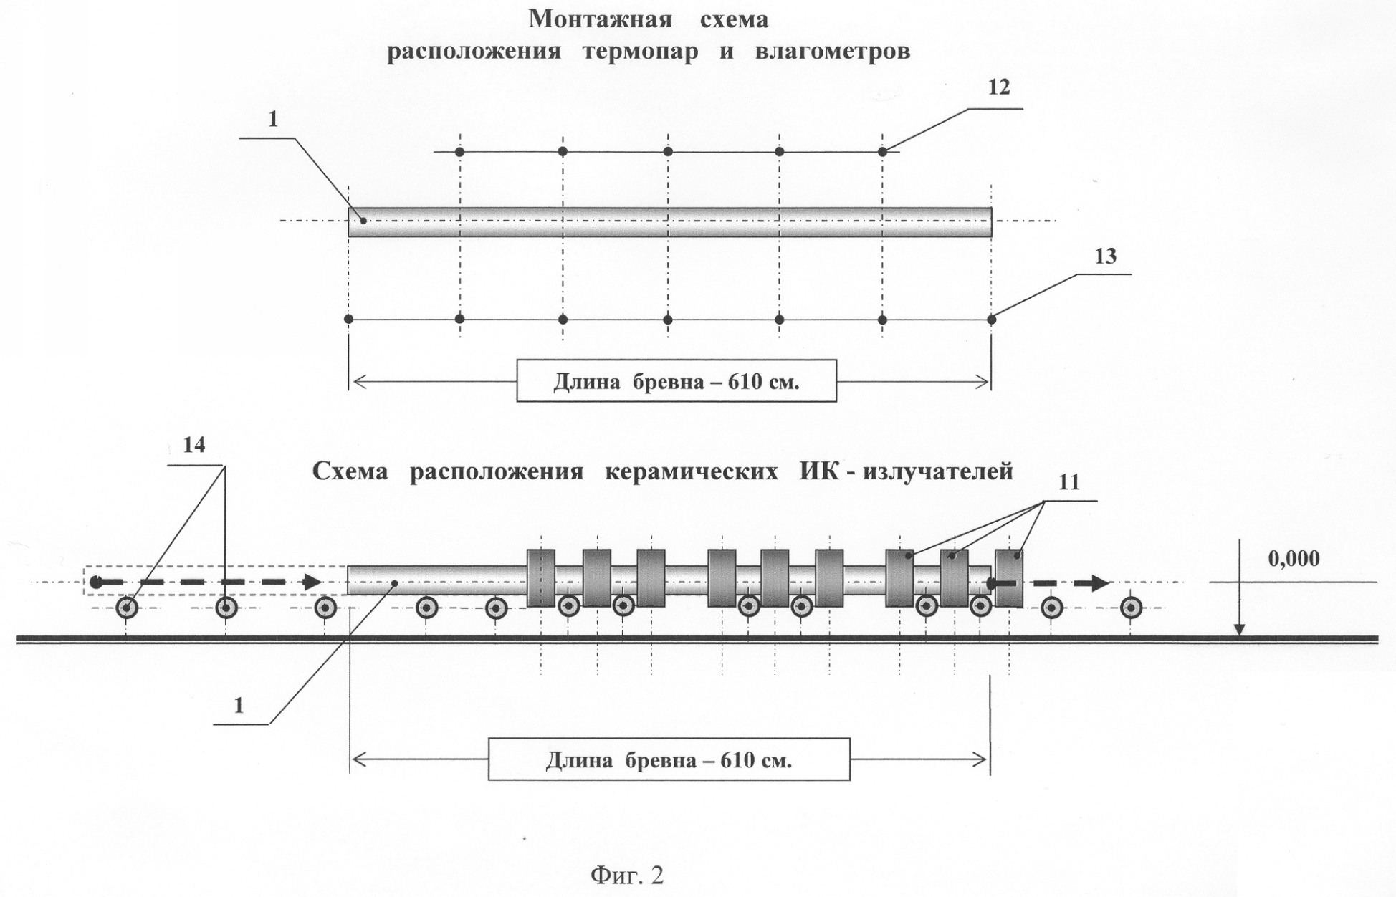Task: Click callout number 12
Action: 998,87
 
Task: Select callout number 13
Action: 1105,256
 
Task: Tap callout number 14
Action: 194,445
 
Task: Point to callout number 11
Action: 1068,482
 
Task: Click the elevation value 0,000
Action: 1294,558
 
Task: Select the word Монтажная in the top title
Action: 600,19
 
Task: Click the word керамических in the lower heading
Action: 692,471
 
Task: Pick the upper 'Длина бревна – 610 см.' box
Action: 677,380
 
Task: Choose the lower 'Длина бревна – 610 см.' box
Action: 669,759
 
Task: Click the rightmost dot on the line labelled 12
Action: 883,152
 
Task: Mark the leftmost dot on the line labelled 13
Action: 349,319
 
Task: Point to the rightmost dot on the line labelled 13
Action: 992,320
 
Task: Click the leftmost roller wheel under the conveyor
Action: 128,608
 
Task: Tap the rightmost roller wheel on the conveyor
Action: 1131,608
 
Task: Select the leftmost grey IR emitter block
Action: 541,578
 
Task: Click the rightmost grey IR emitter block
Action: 1009,577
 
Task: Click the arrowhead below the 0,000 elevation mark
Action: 1238,630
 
